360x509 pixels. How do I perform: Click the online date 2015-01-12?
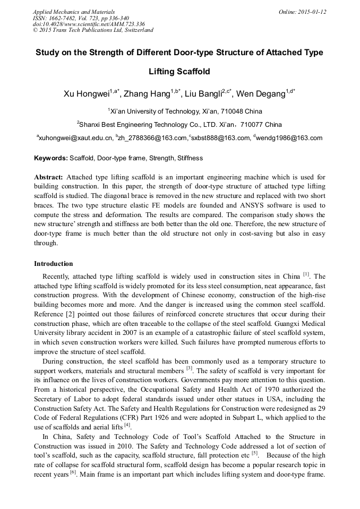pos(310,12)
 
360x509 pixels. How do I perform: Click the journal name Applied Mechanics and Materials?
pos(74,12)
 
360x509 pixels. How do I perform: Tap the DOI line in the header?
pos(89,24)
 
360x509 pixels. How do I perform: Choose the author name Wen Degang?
pos(261,94)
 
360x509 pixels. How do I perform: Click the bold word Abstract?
pos(49,177)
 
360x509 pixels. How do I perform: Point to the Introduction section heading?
pos(54,264)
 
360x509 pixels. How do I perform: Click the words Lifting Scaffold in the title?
pos(179,72)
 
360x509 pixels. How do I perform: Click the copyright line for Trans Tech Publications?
pos(93,30)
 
